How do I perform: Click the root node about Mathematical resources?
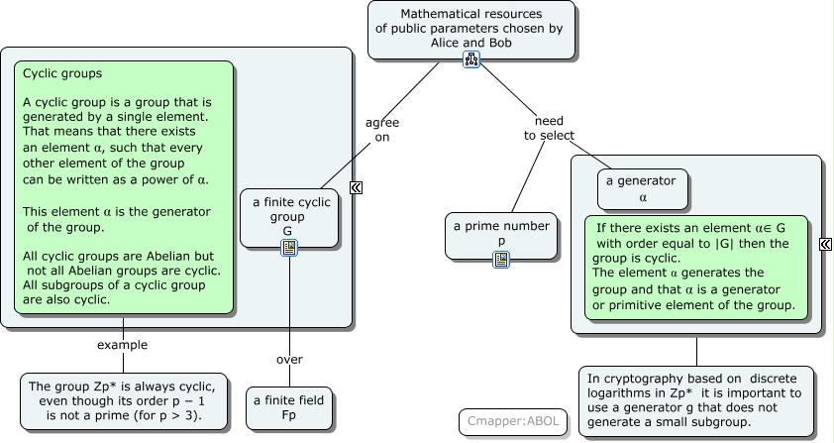coord(471,28)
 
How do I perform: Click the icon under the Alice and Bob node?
coord(471,60)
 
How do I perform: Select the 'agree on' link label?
coord(382,130)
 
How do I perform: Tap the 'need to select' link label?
coord(549,128)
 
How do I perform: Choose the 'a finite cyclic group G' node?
coord(288,216)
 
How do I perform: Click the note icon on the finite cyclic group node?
coord(289,248)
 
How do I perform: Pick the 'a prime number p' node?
coord(501,233)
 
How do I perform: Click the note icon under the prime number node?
coord(501,260)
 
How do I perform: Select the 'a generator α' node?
coord(643,188)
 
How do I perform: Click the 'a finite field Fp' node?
coord(289,407)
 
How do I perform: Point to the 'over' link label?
coord(289,359)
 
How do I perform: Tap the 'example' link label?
coord(123,345)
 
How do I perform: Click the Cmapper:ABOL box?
coord(513,421)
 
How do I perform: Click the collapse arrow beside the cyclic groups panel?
coord(356,186)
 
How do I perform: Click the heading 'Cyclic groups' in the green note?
coord(62,73)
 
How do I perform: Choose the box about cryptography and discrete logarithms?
coord(696,399)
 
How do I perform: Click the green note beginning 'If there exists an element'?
coord(695,267)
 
